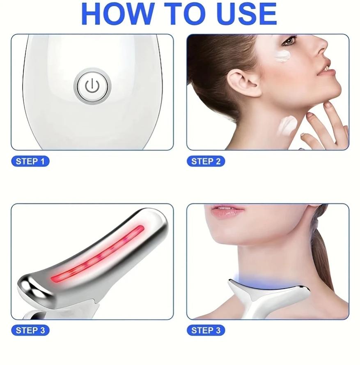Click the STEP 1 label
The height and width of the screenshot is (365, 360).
pyautogui.click(x=30, y=161)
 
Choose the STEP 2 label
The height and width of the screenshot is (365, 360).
pyautogui.click(x=206, y=161)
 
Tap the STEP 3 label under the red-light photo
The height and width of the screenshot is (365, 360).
pyautogui.click(x=30, y=330)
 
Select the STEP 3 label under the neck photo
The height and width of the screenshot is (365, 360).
pyautogui.click(x=206, y=330)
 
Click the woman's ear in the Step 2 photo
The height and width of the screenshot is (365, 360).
pyautogui.click(x=243, y=82)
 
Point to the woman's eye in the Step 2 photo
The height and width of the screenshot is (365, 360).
pyautogui.click(x=290, y=41)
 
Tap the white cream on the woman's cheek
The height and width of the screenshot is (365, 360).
pyautogui.click(x=283, y=56)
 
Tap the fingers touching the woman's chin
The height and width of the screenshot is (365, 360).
pyautogui.click(x=324, y=121)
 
